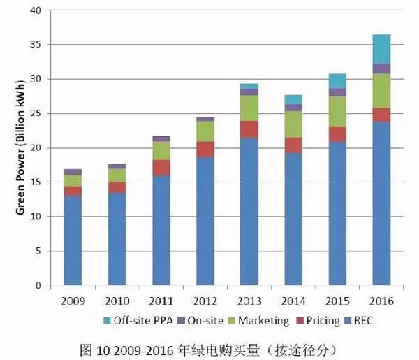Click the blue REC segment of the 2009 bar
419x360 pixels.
point(73,241)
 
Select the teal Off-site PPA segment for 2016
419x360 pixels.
point(381,49)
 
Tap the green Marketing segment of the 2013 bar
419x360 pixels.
point(249,108)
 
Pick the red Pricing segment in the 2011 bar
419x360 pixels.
point(161,168)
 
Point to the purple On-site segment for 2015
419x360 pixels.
point(337,92)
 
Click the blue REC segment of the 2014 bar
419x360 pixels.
point(293,219)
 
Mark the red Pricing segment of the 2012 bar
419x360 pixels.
point(205,149)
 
